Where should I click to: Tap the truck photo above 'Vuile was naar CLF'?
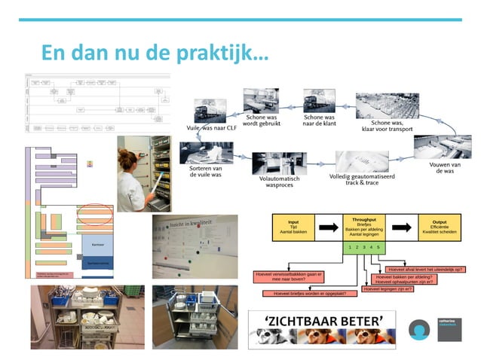click(212, 111)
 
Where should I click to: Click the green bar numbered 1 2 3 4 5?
click(363, 247)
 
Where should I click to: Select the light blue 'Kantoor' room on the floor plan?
click(97, 245)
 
